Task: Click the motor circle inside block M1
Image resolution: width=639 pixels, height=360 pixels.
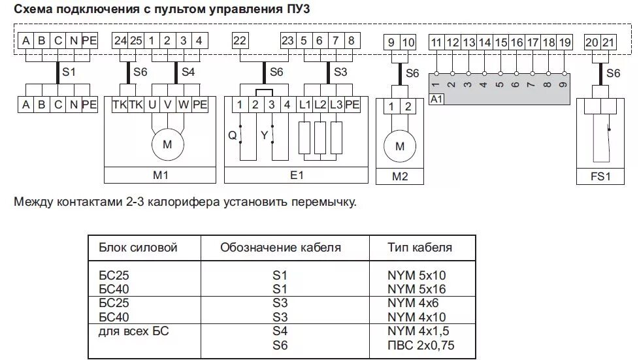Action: point(167,145)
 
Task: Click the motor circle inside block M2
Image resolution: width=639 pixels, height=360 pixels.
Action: point(400,146)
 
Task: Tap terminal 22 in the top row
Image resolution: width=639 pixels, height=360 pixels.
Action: point(240,41)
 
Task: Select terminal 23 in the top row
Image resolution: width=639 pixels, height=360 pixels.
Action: point(287,41)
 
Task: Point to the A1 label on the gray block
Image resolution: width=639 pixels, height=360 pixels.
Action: point(436,99)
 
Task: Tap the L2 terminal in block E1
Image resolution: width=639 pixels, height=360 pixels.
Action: point(319,105)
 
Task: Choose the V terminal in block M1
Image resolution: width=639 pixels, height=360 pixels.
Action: point(168,105)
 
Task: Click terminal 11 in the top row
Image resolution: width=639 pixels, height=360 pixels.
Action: point(436,43)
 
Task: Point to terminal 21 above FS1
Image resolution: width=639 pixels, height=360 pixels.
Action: point(608,43)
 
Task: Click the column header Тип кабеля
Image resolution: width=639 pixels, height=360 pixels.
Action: point(419,248)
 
